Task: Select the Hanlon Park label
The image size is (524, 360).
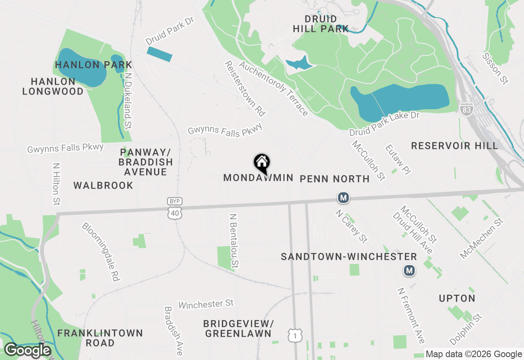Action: [94, 65]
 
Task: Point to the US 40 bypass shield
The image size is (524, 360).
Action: [175, 209]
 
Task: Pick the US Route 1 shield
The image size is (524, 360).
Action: [295, 335]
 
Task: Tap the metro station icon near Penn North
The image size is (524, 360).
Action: [343, 198]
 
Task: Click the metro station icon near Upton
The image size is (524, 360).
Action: [409, 270]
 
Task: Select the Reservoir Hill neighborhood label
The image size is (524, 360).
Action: [454, 146]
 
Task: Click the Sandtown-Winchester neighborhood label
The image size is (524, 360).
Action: [349, 256]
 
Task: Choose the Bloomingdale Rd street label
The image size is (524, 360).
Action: [100, 252]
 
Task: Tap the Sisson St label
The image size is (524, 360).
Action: [495, 69]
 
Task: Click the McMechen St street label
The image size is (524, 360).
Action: [481, 239]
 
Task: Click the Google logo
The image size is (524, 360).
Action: [27, 350]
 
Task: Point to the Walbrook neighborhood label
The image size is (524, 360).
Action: [103, 185]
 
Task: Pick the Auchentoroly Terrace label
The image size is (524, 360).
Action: [273, 89]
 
